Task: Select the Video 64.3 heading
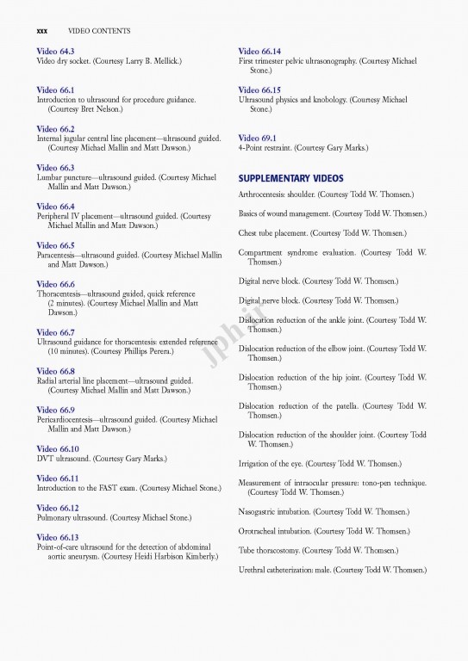pos(55,52)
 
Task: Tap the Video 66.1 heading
pos(55,90)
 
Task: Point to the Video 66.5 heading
pos(55,245)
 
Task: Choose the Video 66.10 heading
pos(58,449)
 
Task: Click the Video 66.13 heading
pos(58,537)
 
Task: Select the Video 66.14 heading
pos(259,52)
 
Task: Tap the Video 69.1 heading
pos(257,138)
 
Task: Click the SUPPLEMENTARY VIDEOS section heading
pos(290,178)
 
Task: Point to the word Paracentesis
pos(62,256)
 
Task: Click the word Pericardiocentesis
pos(73,419)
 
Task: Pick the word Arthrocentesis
pos(266,195)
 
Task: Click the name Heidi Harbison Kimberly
pos(171,557)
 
